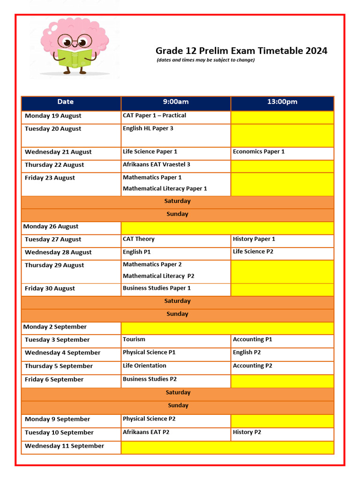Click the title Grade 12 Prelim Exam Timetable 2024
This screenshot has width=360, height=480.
[241, 51]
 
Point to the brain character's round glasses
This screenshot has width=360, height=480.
[75, 41]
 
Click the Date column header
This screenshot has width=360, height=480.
[66, 102]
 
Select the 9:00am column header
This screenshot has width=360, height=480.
[176, 102]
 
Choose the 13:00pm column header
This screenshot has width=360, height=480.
[282, 102]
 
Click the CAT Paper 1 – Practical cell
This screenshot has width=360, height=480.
[154, 115]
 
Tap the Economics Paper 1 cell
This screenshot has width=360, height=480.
[259, 151]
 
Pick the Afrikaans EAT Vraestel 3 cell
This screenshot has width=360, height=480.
[157, 165]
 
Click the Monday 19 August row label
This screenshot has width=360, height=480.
[53, 116]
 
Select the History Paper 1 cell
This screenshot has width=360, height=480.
[254, 239]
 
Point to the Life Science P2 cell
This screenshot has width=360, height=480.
[253, 252]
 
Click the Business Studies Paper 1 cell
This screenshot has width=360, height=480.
[157, 288]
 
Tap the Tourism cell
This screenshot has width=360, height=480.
[134, 339]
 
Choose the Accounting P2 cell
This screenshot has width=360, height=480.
[253, 366]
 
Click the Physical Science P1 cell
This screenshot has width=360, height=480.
[149, 352]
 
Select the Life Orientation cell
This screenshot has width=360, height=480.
[144, 366]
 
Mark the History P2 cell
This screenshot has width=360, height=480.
[247, 432]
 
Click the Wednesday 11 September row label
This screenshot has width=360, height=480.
[65, 446]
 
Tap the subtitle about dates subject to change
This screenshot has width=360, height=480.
[206, 60]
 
